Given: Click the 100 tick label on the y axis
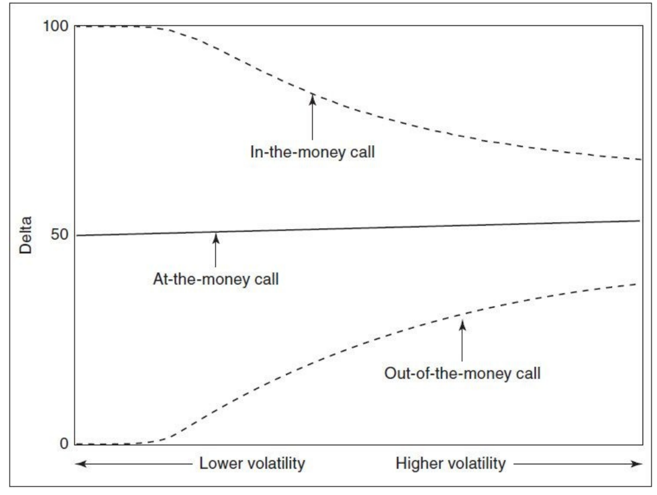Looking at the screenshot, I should [55, 26].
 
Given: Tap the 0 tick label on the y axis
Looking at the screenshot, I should [62, 443].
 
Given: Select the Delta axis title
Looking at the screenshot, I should [26, 235].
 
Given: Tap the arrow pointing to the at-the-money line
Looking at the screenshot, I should [215, 249].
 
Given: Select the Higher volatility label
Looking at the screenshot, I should [451, 464].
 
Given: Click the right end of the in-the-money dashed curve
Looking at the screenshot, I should [640, 160].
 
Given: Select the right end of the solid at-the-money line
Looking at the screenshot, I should [640, 221].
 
